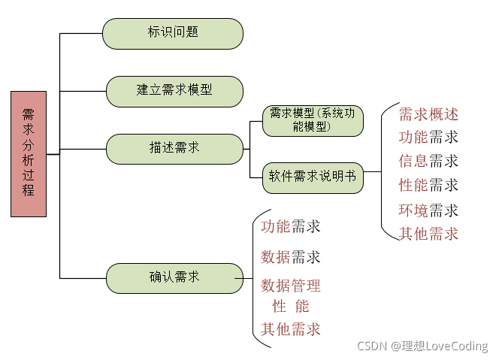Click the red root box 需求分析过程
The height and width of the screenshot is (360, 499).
tap(29, 153)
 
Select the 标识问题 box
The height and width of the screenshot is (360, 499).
tap(173, 33)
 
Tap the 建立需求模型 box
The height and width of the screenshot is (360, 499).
tap(174, 90)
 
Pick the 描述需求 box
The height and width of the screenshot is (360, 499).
tap(174, 148)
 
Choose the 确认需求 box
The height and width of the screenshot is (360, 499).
tap(174, 277)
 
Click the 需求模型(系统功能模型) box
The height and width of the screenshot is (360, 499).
tap(316, 120)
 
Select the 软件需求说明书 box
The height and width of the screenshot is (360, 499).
tap(313, 178)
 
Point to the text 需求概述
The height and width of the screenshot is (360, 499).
tap(428, 114)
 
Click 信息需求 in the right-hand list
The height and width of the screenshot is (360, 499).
tap(428, 161)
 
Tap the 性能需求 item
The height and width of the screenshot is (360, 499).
tap(428, 185)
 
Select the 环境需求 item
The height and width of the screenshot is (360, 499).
tap(428, 210)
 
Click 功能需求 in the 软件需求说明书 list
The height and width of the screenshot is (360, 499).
tap(428, 137)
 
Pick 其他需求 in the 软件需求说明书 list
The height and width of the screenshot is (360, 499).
tap(428, 234)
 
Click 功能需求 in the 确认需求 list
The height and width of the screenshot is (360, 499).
tap(291, 226)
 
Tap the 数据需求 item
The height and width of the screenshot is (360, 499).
tap(291, 258)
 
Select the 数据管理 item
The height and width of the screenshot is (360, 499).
tap(291, 286)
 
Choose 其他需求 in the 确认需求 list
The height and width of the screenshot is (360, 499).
tap(291, 329)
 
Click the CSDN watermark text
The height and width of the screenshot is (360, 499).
tap(422, 346)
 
